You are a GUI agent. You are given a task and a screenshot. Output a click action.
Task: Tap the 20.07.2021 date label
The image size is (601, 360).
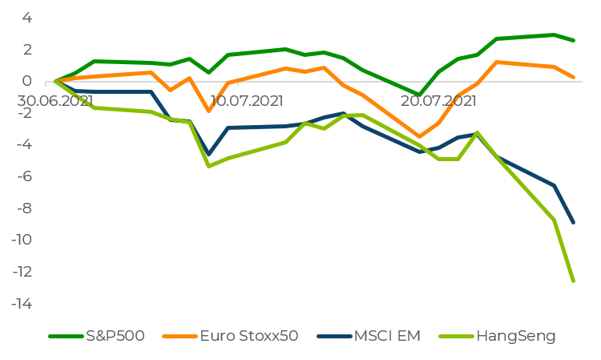click(x=439, y=102)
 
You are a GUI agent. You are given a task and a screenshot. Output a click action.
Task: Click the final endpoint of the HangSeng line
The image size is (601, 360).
click(x=574, y=281)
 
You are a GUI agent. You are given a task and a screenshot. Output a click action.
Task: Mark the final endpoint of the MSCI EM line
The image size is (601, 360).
click(x=574, y=222)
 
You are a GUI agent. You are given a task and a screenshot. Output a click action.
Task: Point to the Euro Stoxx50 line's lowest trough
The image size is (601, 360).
click(x=418, y=136)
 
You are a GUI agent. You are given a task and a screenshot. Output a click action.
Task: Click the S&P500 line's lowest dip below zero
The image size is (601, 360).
click(x=418, y=95)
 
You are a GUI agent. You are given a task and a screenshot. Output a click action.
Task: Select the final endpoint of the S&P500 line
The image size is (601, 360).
click(x=574, y=40)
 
